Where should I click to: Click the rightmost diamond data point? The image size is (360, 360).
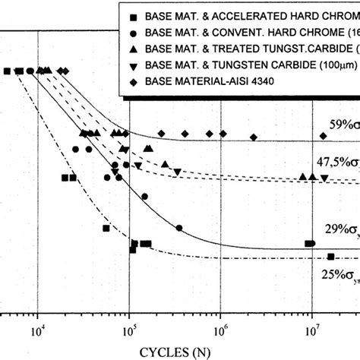324,136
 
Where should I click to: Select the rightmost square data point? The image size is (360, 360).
330,257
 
